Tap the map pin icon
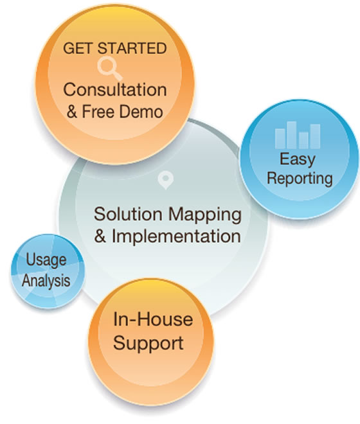tap(165, 179)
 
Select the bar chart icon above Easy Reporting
tap(298, 135)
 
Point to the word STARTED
tap(132, 48)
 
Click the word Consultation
tap(115, 89)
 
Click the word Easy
tap(297, 160)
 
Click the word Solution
tap(128, 214)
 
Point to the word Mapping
tap(205, 215)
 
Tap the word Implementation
tap(176, 236)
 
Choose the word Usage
tap(46, 261)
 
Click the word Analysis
tap(46, 281)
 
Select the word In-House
tap(153, 319)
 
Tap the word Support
tap(148, 344)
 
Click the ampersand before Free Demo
tap(72, 112)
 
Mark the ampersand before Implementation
tap(100, 236)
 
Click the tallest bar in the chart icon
tap(291, 135)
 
